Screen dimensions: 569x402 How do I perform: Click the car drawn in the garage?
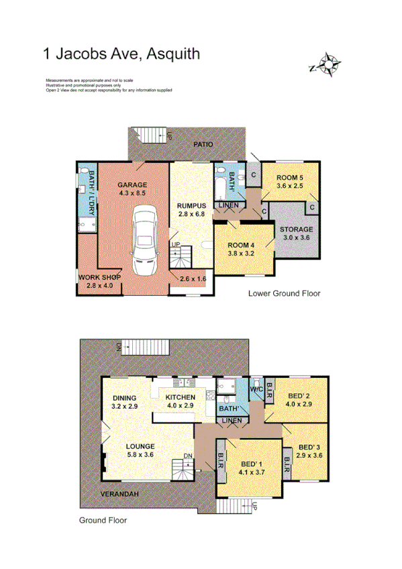(x=144, y=239)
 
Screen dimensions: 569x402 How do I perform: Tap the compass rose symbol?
(x=328, y=64)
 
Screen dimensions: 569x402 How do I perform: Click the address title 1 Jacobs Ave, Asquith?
(x=121, y=53)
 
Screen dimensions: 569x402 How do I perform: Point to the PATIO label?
(x=204, y=144)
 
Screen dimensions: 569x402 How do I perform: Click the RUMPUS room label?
(x=191, y=206)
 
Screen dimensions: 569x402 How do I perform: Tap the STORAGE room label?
(x=297, y=229)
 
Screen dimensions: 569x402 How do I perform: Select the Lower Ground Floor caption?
(x=284, y=293)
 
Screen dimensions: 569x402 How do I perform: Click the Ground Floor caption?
(x=103, y=520)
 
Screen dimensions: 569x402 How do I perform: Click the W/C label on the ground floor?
(x=256, y=389)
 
